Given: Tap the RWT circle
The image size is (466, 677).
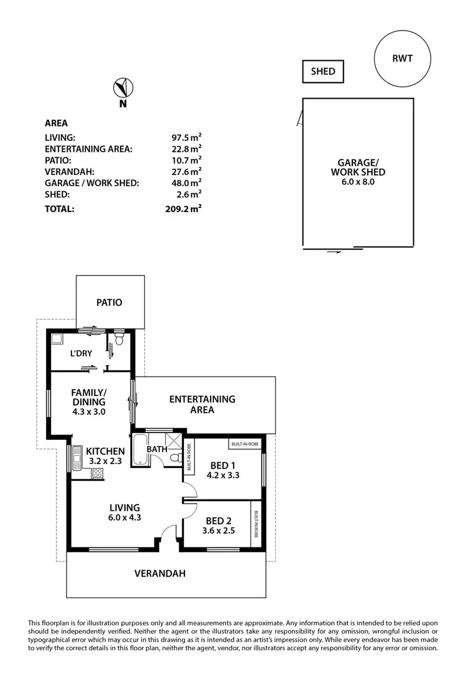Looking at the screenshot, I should [x=402, y=59].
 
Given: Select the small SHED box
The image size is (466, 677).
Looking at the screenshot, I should [x=322, y=71].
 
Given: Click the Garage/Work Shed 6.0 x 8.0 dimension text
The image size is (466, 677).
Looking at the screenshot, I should [x=357, y=182].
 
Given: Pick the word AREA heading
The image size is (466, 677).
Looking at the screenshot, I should [x=57, y=123].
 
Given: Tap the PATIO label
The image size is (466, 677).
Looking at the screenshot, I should [x=109, y=303].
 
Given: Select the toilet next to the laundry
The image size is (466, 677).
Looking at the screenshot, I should [x=119, y=339].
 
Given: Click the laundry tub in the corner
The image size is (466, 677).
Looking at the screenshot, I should [x=57, y=339].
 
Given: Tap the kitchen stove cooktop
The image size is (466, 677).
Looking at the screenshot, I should [x=98, y=473].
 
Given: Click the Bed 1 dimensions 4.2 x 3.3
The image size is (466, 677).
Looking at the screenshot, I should [x=223, y=475].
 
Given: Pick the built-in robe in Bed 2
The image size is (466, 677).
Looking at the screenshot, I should [x=255, y=527].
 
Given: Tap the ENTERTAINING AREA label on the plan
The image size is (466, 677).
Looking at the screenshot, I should [x=202, y=405].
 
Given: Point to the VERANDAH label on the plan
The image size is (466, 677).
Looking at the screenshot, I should [x=160, y=573].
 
